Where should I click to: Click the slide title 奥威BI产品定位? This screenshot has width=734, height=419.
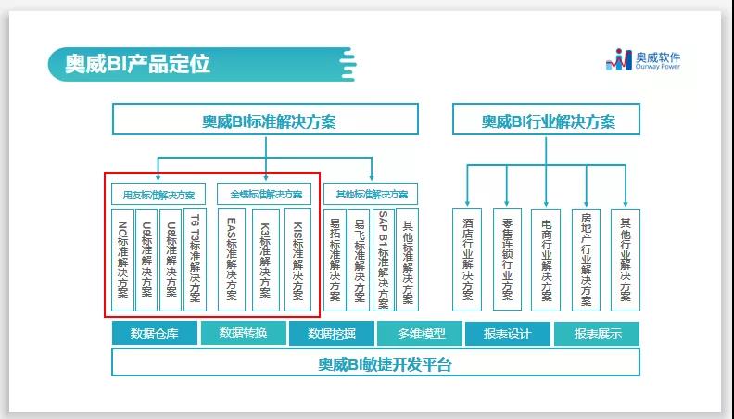pyautogui.click(x=137, y=63)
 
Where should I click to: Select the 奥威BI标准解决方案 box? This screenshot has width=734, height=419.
pyautogui.click(x=265, y=120)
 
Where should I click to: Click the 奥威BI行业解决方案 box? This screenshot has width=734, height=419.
pyautogui.click(x=548, y=120)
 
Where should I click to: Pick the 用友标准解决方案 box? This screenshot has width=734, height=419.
pyautogui.click(x=158, y=195)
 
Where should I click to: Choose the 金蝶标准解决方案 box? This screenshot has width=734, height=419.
pyautogui.click(x=266, y=195)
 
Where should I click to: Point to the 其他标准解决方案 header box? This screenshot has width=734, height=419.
pyautogui.click(x=371, y=195)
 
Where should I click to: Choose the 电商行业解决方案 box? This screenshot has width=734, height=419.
pyautogui.click(x=546, y=260)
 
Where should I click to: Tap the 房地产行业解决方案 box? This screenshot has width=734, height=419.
pyautogui.click(x=587, y=260)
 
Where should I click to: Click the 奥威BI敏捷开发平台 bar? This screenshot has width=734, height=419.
pyautogui.click(x=375, y=362)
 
